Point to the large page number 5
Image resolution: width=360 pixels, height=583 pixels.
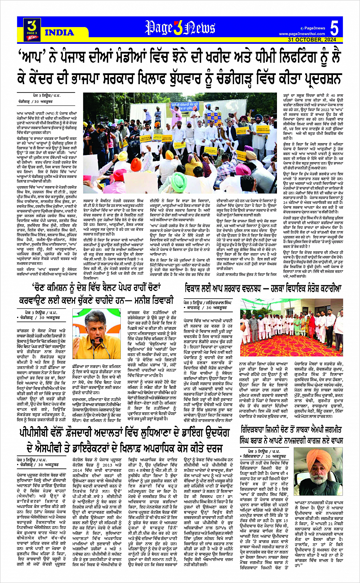pyautogui.click(x=334, y=29)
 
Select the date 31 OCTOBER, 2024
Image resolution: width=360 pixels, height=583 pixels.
pyautogui.click(x=312, y=40)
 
